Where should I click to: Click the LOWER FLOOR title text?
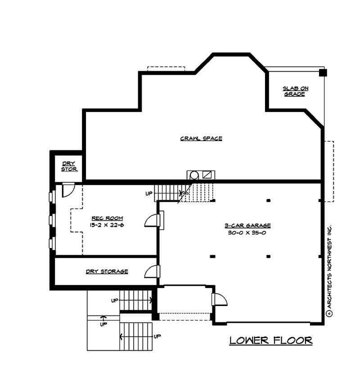(x=271, y=340)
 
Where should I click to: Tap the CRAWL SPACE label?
(x=201, y=139)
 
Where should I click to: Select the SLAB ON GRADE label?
(x=296, y=91)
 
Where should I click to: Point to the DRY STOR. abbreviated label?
(x=69, y=167)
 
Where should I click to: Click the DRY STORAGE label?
(x=107, y=271)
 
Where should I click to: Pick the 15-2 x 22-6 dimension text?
(x=107, y=225)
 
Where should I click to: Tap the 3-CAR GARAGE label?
(x=247, y=225)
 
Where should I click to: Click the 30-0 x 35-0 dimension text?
(x=247, y=232)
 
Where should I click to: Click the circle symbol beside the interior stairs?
(x=194, y=175)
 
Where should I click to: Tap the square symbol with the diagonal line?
(x=207, y=175)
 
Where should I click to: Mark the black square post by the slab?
(x=323, y=72)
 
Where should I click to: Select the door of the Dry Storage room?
(x=152, y=271)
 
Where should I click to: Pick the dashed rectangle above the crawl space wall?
(x=166, y=69)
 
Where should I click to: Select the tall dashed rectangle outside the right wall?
(x=329, y=171)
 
